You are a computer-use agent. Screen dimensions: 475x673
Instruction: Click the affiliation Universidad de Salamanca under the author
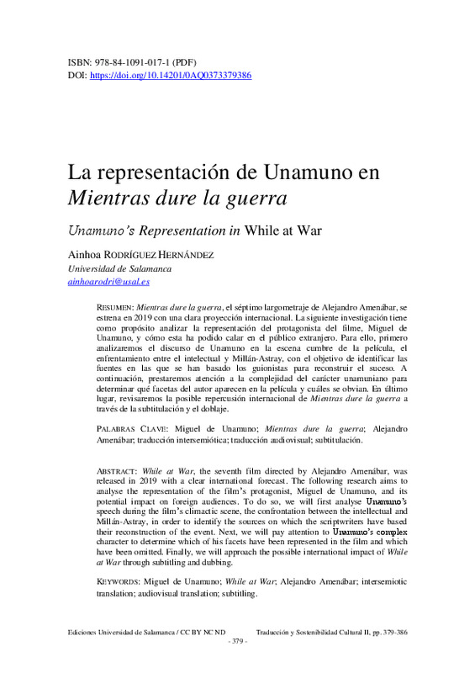click(119, 268)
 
